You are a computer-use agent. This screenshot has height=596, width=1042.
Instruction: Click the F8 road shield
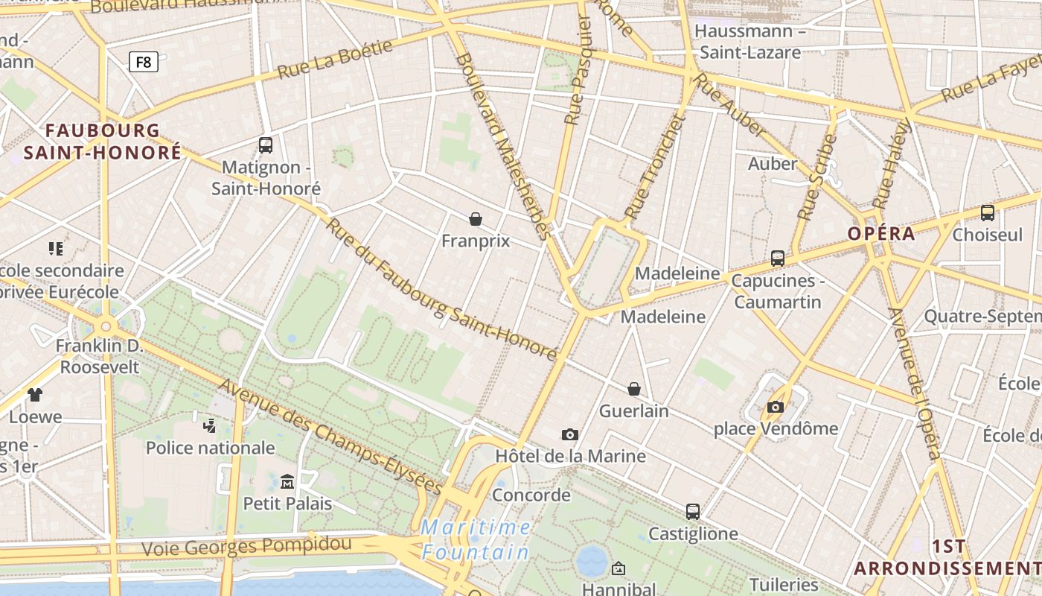tap(144, 62)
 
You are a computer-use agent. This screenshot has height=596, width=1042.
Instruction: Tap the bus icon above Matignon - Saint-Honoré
tap(266, 145)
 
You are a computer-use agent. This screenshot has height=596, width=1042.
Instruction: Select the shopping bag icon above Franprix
tap(476, 218)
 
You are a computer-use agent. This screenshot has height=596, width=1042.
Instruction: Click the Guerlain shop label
tap(634, 410)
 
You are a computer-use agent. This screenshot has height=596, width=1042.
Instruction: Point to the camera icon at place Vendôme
tap(776, 407)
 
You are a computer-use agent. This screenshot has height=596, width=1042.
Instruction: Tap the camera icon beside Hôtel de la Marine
tap(570, 434)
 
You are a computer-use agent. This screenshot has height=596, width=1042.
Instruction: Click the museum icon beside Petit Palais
tap(287, 481)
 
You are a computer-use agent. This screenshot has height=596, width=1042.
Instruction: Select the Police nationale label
tap(211, 448)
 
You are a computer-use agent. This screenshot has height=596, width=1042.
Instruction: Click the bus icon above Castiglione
tap(693, 511)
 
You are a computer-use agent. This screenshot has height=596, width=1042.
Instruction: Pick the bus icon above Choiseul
tap(988, 212)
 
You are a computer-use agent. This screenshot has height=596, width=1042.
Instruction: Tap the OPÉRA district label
tap(881, 233)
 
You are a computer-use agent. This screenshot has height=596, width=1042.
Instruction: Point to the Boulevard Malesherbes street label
tap(504, 145)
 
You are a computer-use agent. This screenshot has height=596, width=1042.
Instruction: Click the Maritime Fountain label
tap(476, 540)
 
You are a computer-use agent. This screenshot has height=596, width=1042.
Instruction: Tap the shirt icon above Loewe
tap(35, 394)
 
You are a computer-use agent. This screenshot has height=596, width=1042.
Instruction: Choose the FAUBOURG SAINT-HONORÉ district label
tap(103, 142)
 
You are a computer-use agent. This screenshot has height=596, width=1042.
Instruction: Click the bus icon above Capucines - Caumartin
tap(778, 258)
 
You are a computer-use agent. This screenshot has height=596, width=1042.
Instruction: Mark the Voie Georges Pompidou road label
tap(246, 546)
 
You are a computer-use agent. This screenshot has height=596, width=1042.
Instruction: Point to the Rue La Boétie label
tap(335, 60)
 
